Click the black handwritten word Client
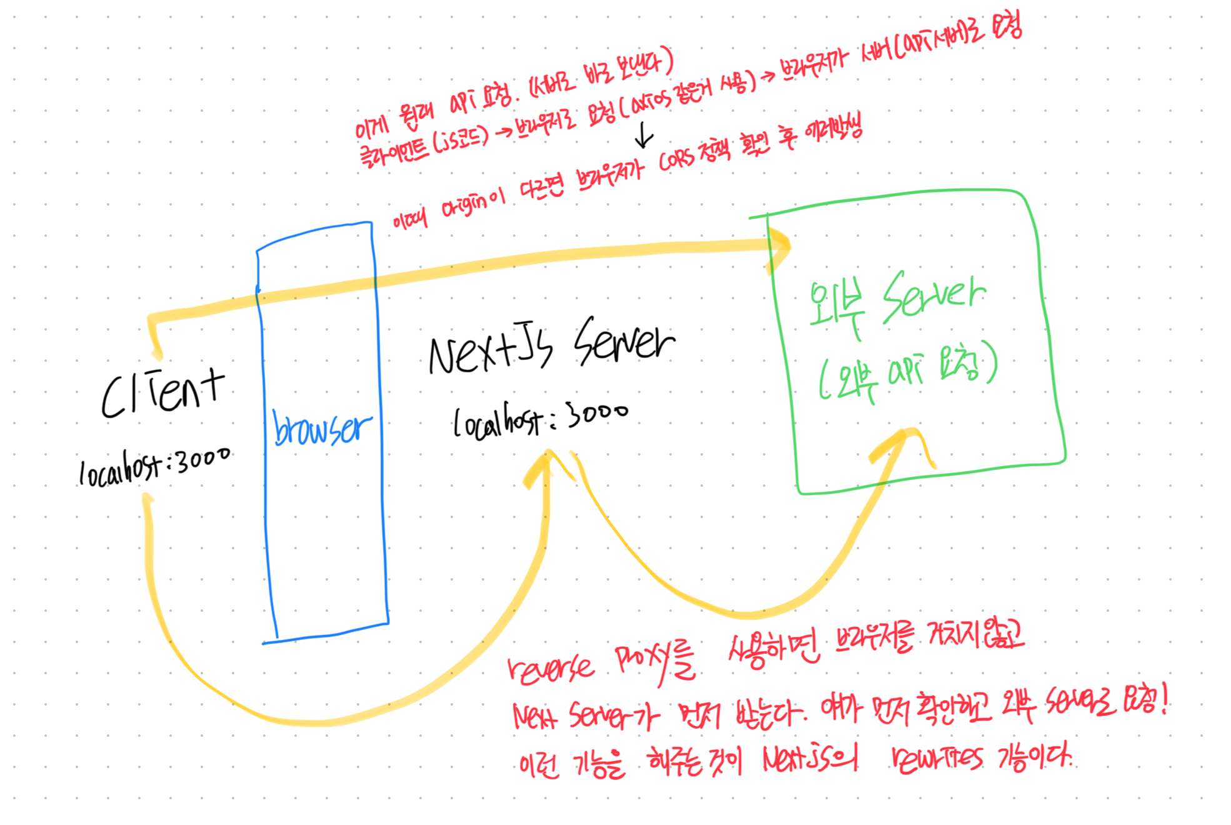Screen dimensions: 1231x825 click(162, 394)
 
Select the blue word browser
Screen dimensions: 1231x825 click(322, 428)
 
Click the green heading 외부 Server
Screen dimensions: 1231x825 click(897, 303)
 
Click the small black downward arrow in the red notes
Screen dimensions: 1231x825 click(644, 134)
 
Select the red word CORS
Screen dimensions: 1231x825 click(677, 159)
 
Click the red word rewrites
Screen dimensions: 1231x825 click(937, 758)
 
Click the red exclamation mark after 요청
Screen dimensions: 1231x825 click(1163, 700)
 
